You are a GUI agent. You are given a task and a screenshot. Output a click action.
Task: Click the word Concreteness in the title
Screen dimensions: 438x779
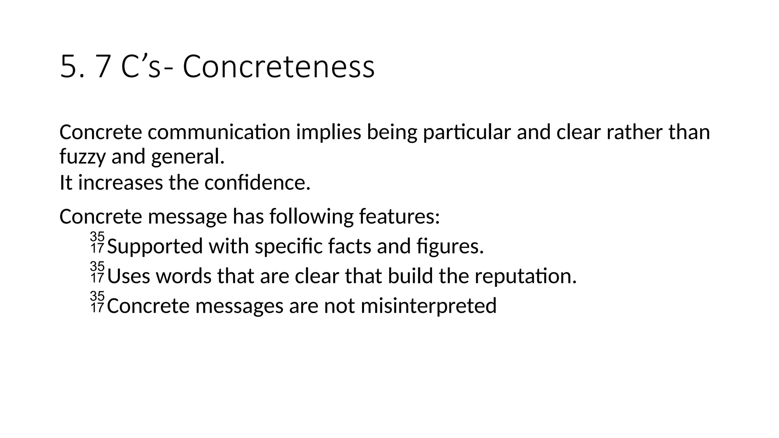tap(278, 67)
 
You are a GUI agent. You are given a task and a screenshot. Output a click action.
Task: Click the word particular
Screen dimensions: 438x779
tap(467, 132)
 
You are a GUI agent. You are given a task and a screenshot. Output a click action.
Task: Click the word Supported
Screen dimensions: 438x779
tap(155, 246)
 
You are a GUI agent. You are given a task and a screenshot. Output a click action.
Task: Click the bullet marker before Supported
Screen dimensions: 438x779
tap(97, 243)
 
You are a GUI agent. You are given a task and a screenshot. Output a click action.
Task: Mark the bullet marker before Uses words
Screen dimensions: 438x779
tap(97, 272)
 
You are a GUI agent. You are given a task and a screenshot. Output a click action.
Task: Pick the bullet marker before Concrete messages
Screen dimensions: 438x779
tap(97, 302)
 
